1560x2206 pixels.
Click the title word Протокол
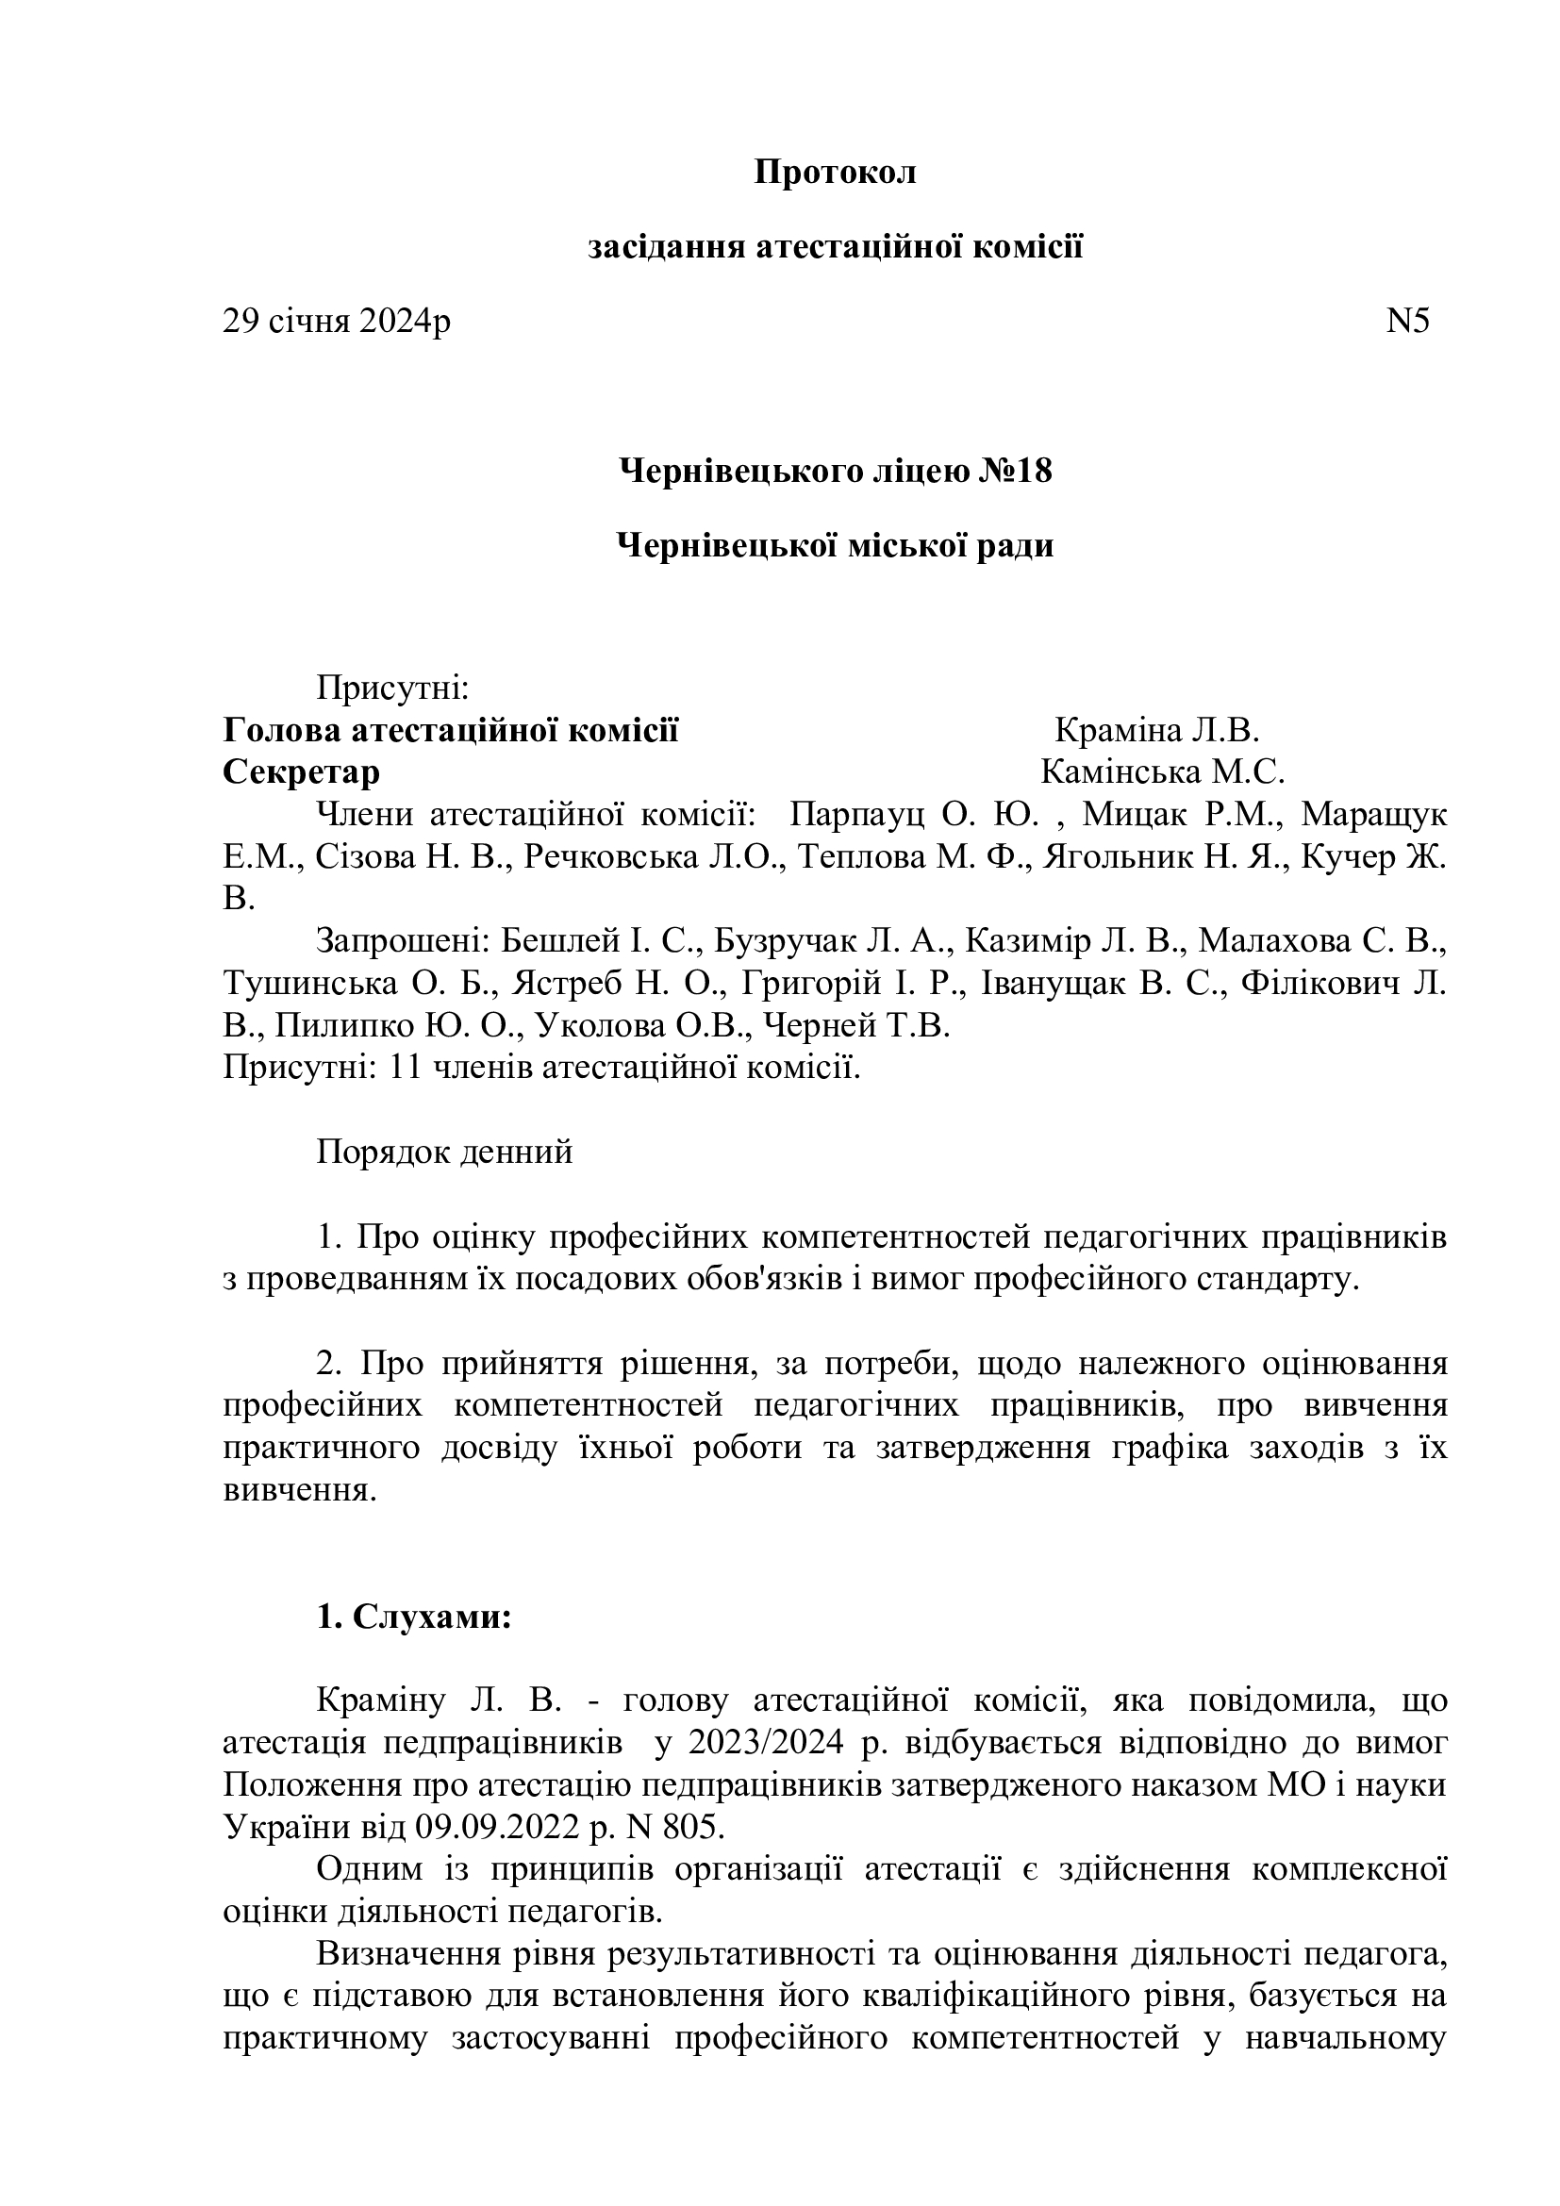(835, 173)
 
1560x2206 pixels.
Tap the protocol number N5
(1407, 321)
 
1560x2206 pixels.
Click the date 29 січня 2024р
(336, 321)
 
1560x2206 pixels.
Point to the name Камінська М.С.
(1162, 771)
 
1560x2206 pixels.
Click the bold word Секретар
(301, 771)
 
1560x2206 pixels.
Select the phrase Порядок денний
(445, 1151)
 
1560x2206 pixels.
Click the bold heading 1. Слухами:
(414, 1617)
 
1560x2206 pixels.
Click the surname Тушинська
(310, 983)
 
